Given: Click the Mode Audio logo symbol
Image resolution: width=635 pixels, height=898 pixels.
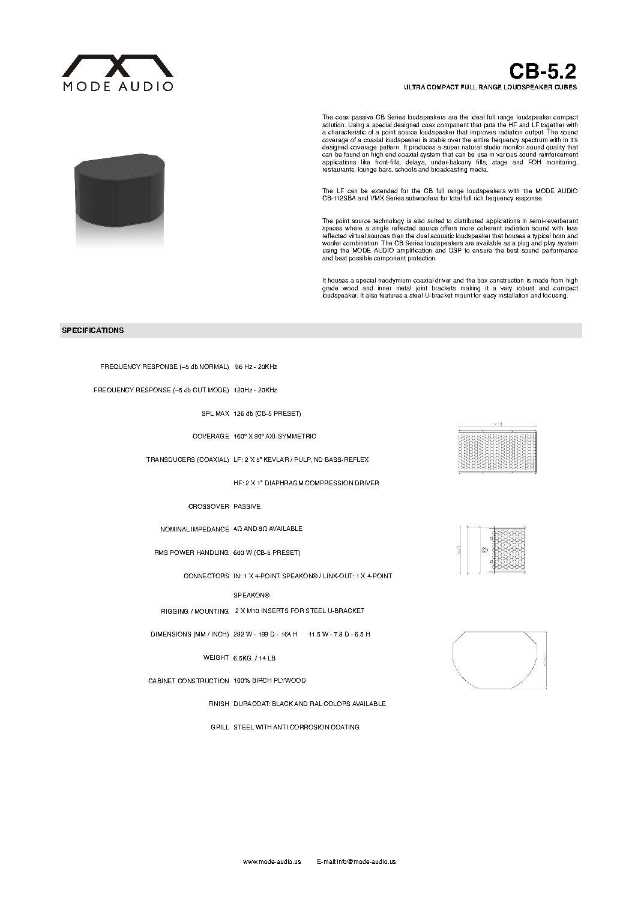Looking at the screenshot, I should click(x=119, y=65).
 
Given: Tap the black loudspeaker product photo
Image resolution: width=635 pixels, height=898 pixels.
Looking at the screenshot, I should click(x=120, y=193).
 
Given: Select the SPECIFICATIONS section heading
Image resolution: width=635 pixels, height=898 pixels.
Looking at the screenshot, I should click(x=93, y=330).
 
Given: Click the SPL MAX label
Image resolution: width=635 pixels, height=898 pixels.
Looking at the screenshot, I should click(x=214, y=413).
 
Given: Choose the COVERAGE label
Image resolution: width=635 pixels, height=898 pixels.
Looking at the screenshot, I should click(x=211, y=436).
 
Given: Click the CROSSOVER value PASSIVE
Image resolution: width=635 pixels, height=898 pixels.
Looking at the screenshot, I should click(x=247, y=506).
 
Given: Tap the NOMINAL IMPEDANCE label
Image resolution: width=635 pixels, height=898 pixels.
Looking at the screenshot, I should click(x=194, y=529).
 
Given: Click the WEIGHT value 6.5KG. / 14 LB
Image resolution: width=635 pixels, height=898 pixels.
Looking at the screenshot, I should click(x=254, y=658).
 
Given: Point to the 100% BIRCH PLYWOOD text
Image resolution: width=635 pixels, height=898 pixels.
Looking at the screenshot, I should click(x=269, y=681).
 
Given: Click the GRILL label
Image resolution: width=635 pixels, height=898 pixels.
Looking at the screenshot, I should click(x=220, y=727).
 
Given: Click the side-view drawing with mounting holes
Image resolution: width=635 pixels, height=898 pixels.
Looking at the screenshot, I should click(x=492, y=551).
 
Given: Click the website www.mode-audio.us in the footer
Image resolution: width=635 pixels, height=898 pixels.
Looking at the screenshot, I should click(x=271, y=861).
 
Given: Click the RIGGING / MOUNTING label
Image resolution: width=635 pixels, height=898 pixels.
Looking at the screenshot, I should click(x=194, y=611).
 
